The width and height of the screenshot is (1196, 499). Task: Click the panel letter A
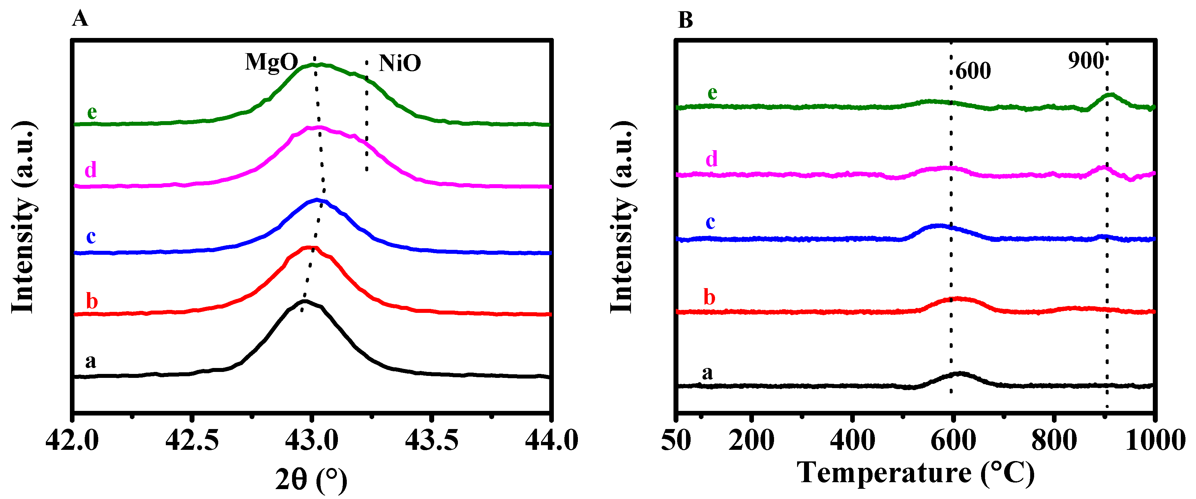pyautogui.click(x=80, y=19)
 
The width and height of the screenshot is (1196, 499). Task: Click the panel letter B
pyautogui.click(x=685, y=20)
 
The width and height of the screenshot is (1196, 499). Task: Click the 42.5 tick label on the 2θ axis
pyautogui.click(x=192, y=440)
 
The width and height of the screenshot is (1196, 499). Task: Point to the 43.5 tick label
pyautogui.click(x=431, y=440)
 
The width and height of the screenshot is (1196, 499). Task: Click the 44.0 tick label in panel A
pyautogui.click(x=551, y=440)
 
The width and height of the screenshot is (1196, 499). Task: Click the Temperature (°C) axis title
pyautogui.click(x=915, y=473)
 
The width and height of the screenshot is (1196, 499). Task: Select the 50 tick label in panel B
pyautogui.click(x=676, y=440)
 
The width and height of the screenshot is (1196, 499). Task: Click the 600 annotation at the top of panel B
pyautogui.click(x=973, y=71)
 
